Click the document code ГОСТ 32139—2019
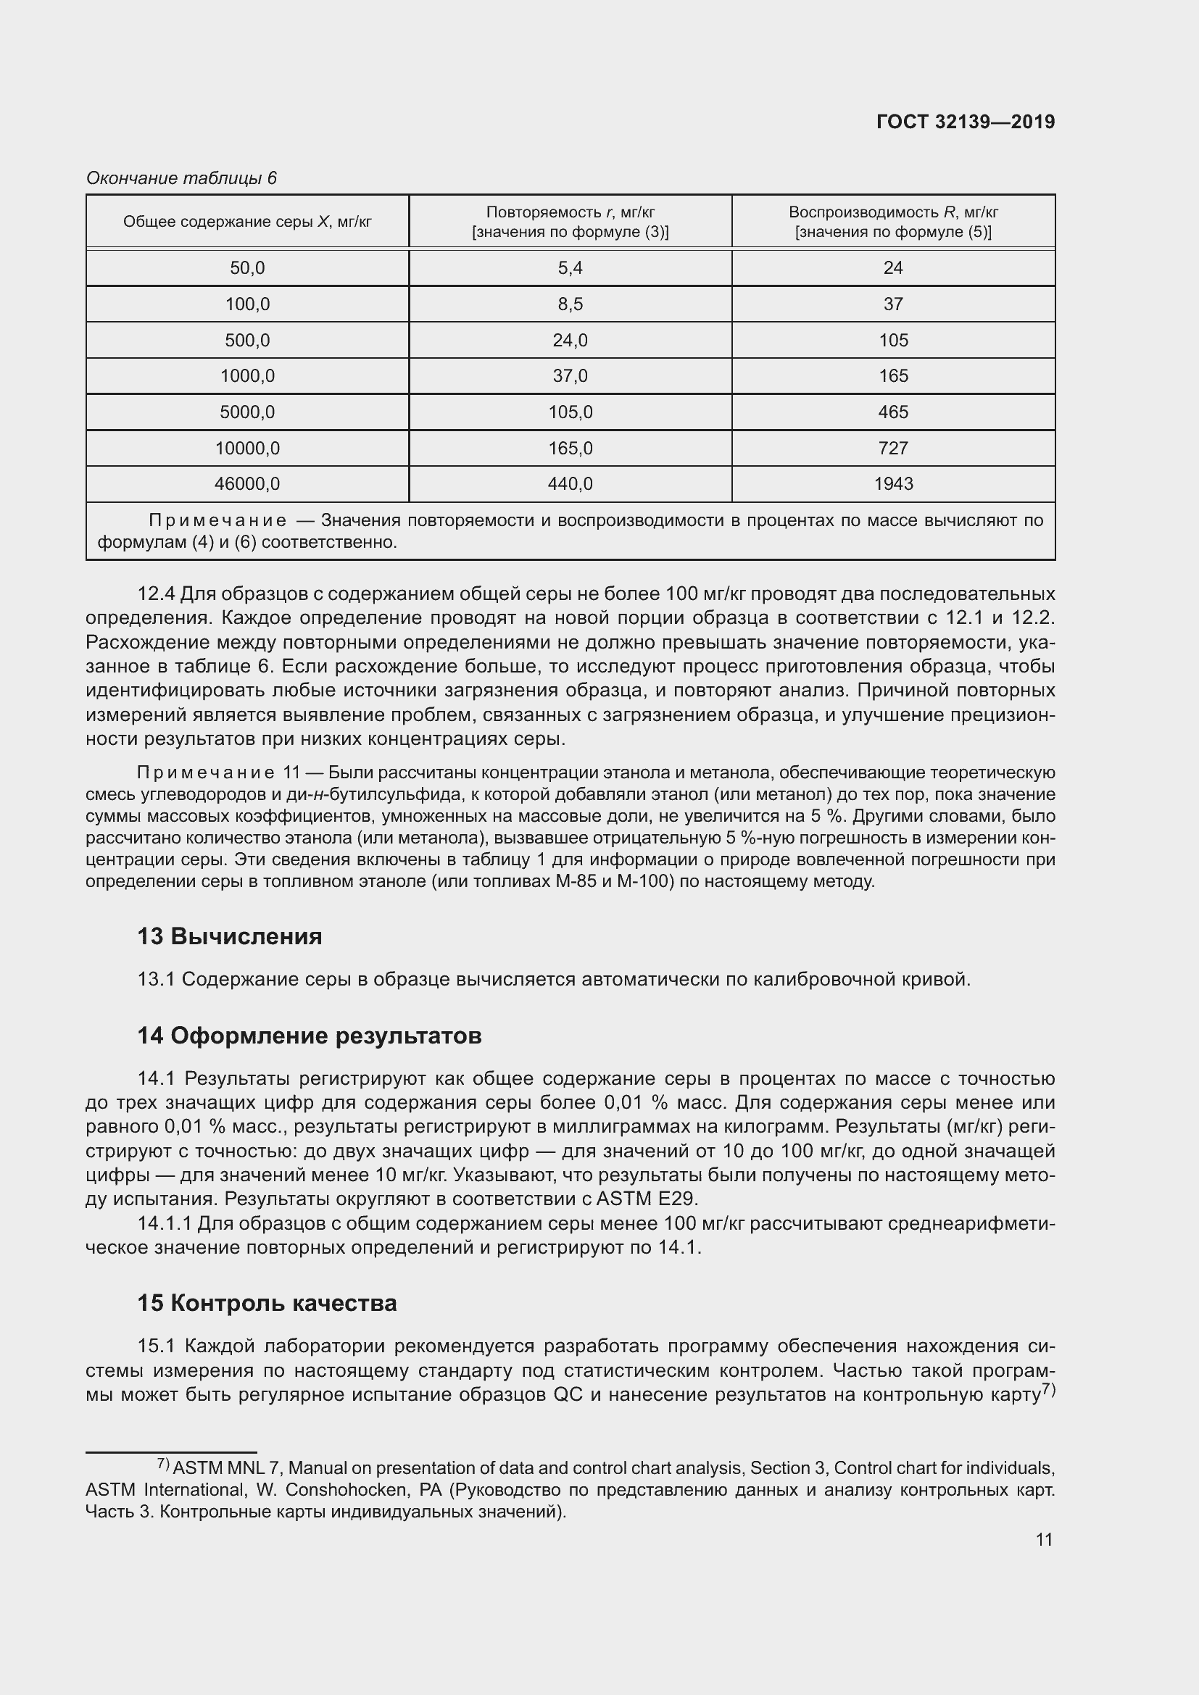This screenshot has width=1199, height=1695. [965, 122]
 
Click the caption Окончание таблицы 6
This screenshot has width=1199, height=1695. [181, 178]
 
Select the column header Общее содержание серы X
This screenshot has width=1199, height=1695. [246, 222]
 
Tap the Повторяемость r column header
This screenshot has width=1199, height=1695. [570, 222]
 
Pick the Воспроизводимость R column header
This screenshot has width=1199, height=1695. [892, 222]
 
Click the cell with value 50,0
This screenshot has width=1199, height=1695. [246, 268]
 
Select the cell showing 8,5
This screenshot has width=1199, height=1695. [570, 304]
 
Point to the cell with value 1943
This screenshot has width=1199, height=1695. [892, 484]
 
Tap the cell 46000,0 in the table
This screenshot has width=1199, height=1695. [246, 484]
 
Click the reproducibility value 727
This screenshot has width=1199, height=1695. [892, 448]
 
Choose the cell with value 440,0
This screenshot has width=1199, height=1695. [570, 484]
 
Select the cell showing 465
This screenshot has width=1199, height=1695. [892, 412]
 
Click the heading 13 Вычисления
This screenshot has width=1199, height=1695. [230, 937]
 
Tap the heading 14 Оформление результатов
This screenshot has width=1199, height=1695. [309, 1036]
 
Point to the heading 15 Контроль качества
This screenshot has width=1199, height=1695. [267, 1304]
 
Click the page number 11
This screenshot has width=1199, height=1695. [1043, 1540]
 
